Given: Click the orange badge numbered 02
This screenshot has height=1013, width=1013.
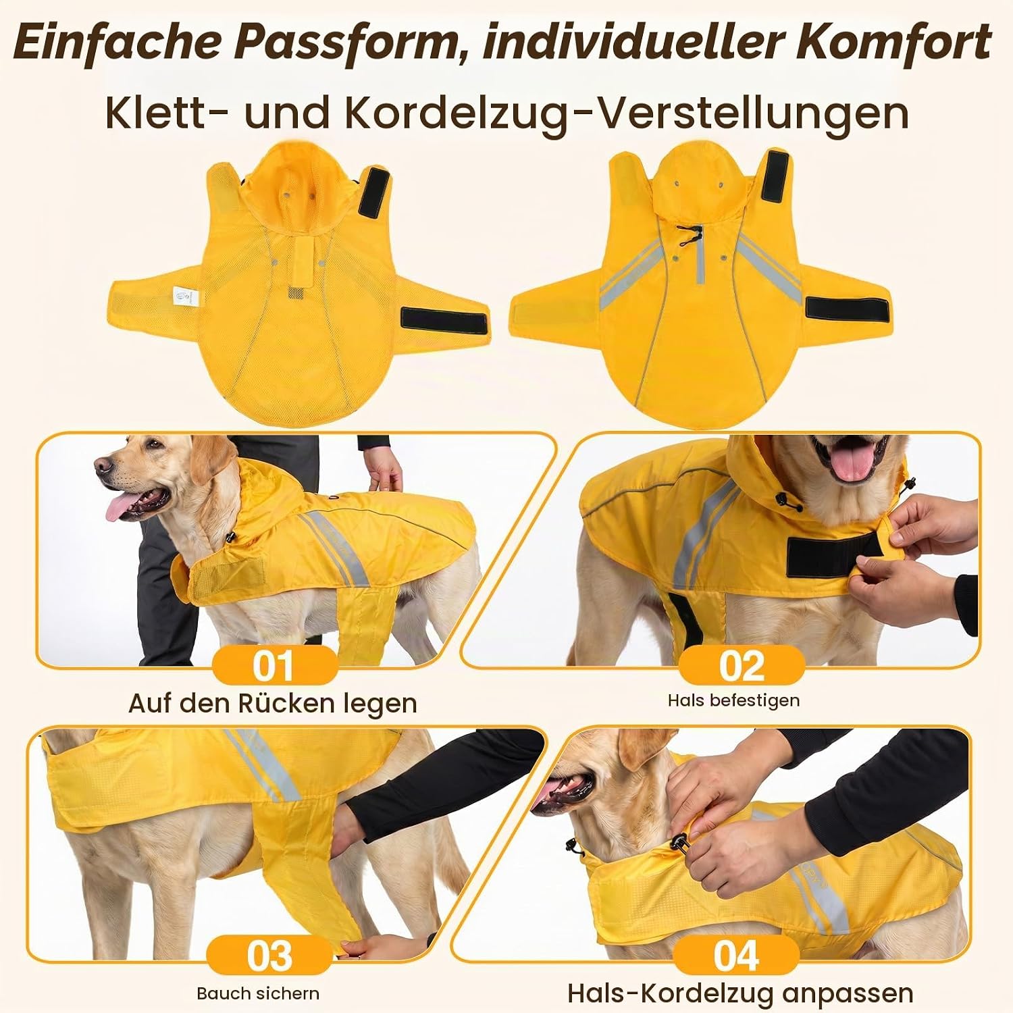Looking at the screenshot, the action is (x=742, y=665).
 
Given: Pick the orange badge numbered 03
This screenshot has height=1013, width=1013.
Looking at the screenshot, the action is (x=269, y=956).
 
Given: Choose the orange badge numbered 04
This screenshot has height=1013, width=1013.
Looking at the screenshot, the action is (x=737, y=956).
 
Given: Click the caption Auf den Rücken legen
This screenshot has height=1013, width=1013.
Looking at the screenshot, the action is (x=273, y=704).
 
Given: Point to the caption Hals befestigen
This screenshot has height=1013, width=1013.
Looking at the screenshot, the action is (x=733, y=700).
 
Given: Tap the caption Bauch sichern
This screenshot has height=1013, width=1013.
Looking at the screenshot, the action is (x=258, y=993).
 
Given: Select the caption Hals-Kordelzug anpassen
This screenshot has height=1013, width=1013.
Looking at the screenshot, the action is (x=740, y=993).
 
